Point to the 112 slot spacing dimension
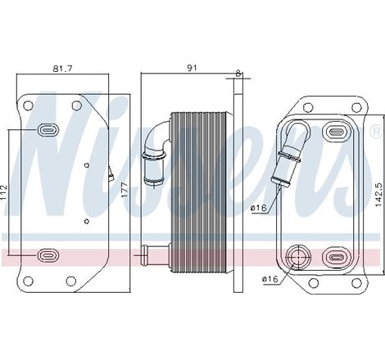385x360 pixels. pyautogui.click(x=5, y=192)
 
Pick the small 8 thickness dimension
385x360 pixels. pyautogui.click(x=238, y=73)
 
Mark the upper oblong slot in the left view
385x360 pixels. pyautogui.click(x=48, y=128)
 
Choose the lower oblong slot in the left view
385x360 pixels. pyautogui.click(x=48, y=257)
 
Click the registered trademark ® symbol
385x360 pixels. pyautogui.click(x=376, y=130)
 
